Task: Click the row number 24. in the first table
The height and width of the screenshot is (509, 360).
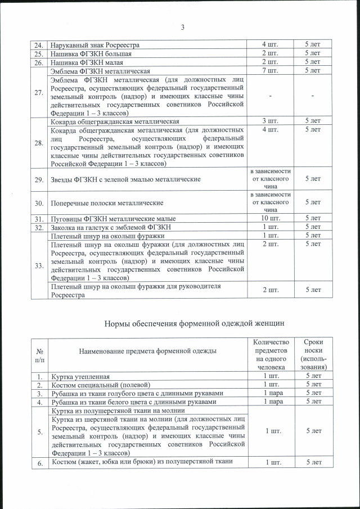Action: [x=39, y=44]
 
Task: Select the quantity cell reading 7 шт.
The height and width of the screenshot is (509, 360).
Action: [x=270, y=70]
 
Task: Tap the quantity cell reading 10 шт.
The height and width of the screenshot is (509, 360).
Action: [x=270, y=218]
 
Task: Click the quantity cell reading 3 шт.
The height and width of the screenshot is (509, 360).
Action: [x=270, y=121]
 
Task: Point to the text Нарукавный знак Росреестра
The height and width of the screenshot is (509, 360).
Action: [x=95, y=44]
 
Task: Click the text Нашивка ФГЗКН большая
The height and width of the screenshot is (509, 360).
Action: [x=91, y=53]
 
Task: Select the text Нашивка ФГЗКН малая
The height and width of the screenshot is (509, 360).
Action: [x=87, y=62]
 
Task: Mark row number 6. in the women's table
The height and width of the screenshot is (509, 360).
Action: [x=39, y=462]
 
